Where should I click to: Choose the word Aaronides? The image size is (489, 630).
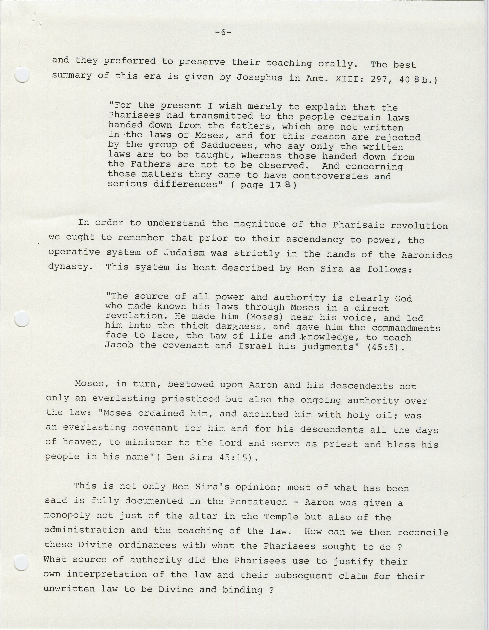pos(427,255)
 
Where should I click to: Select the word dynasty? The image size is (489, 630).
pos(70,266)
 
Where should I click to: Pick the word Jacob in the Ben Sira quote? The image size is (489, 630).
pos(119,345)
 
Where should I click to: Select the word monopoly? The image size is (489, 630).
pos(67,515)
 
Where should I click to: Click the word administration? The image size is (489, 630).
pos(84,530)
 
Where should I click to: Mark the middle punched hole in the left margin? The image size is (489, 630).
pos(22,319)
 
